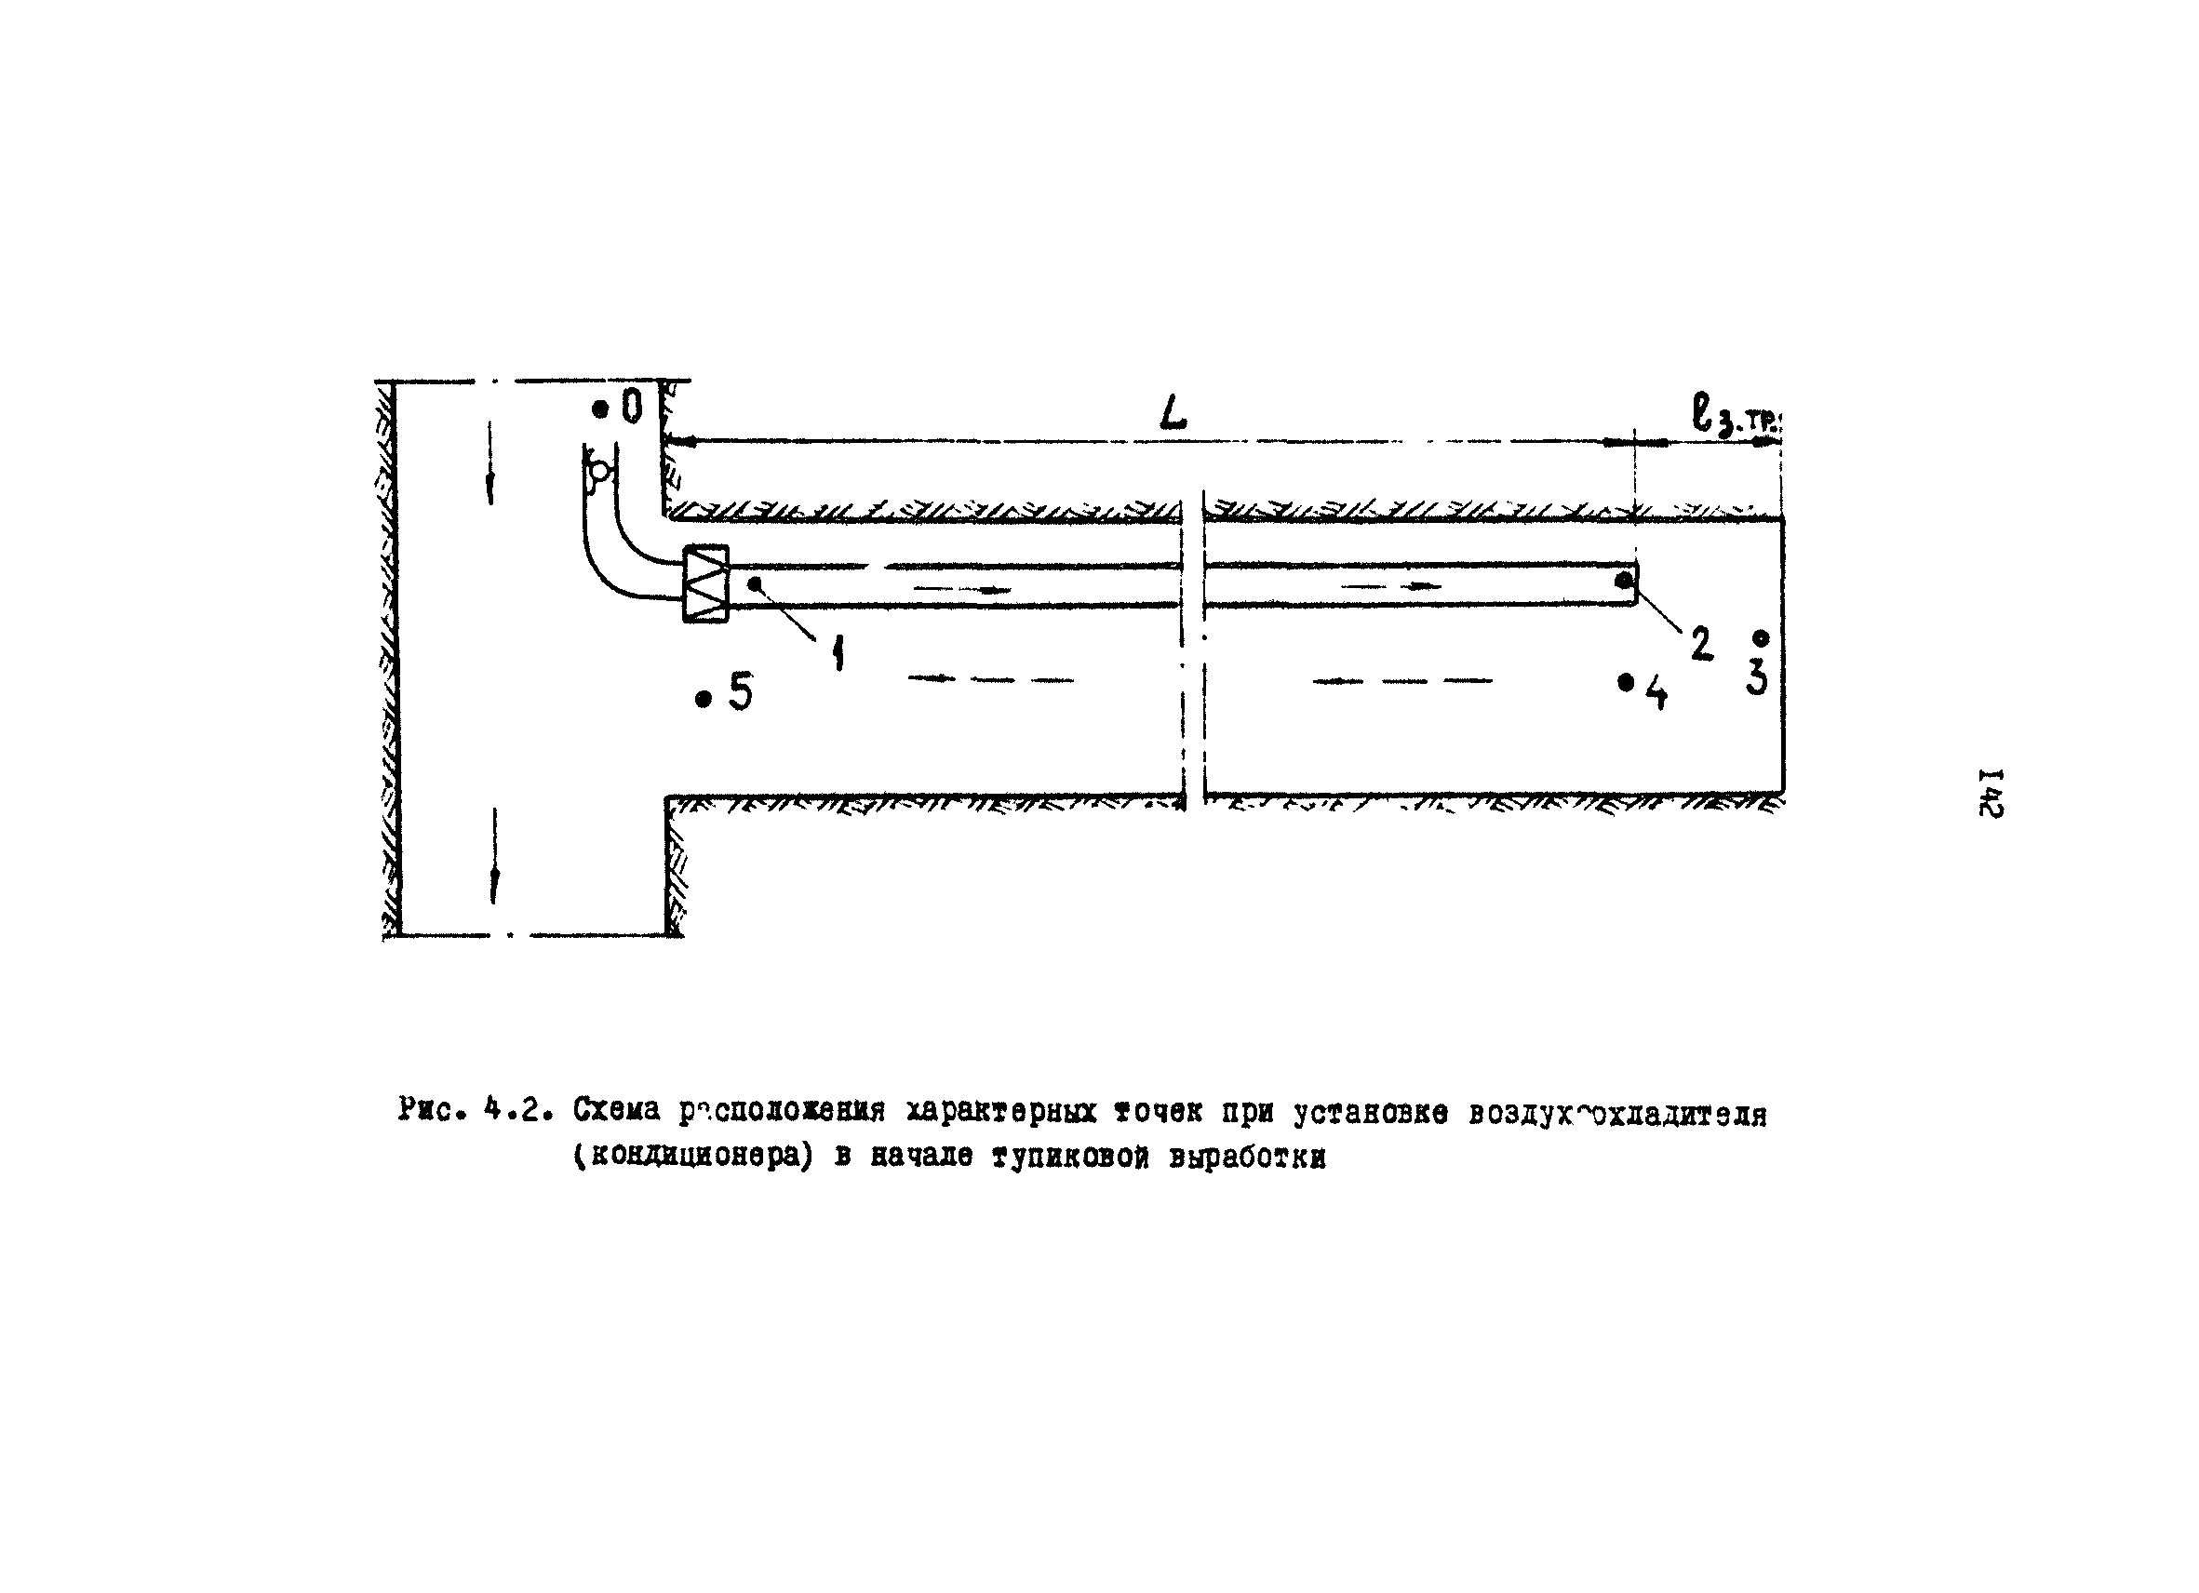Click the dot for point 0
[x=600, y=410]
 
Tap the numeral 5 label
[x=741, y=692]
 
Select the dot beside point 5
[x=704, y=699]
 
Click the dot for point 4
[x=1626, y=683]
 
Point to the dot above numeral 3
[x=1761, y=638]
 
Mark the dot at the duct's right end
[x=1623, y=580]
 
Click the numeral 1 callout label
[x=838, y=653]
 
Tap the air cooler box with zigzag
[x=705, y=583]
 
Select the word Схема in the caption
[x=616, y=1109]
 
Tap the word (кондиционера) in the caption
[x=691, y=1158]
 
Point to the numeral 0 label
[x=632, y=408]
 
